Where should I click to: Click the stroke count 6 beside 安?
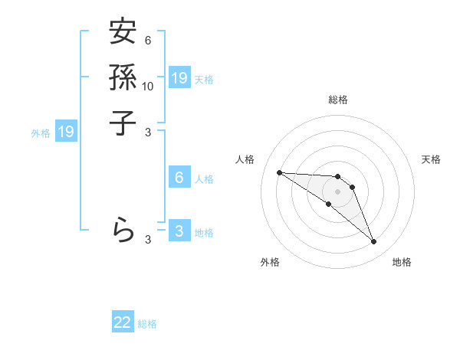click(148, 41)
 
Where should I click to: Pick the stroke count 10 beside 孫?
click(148, 86)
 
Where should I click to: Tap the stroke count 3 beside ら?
click(148, 240)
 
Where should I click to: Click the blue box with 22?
click(123, 322)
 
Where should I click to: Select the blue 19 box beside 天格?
click(179, 77)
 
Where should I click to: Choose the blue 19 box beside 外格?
click(67, 132)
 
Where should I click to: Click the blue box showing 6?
click(179, 178)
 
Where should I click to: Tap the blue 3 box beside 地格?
click(179, 231)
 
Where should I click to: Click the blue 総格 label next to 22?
click(147, 324)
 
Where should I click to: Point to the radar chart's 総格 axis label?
click(337, 100)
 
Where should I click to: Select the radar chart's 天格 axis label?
click(431, 159)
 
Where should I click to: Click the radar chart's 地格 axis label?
click(402, 262)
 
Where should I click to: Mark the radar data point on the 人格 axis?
click(279, 172)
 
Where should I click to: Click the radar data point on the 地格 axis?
click(373, 242)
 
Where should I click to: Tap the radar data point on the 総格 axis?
click(337, 177)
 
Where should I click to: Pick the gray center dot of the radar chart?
click(337, 191)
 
